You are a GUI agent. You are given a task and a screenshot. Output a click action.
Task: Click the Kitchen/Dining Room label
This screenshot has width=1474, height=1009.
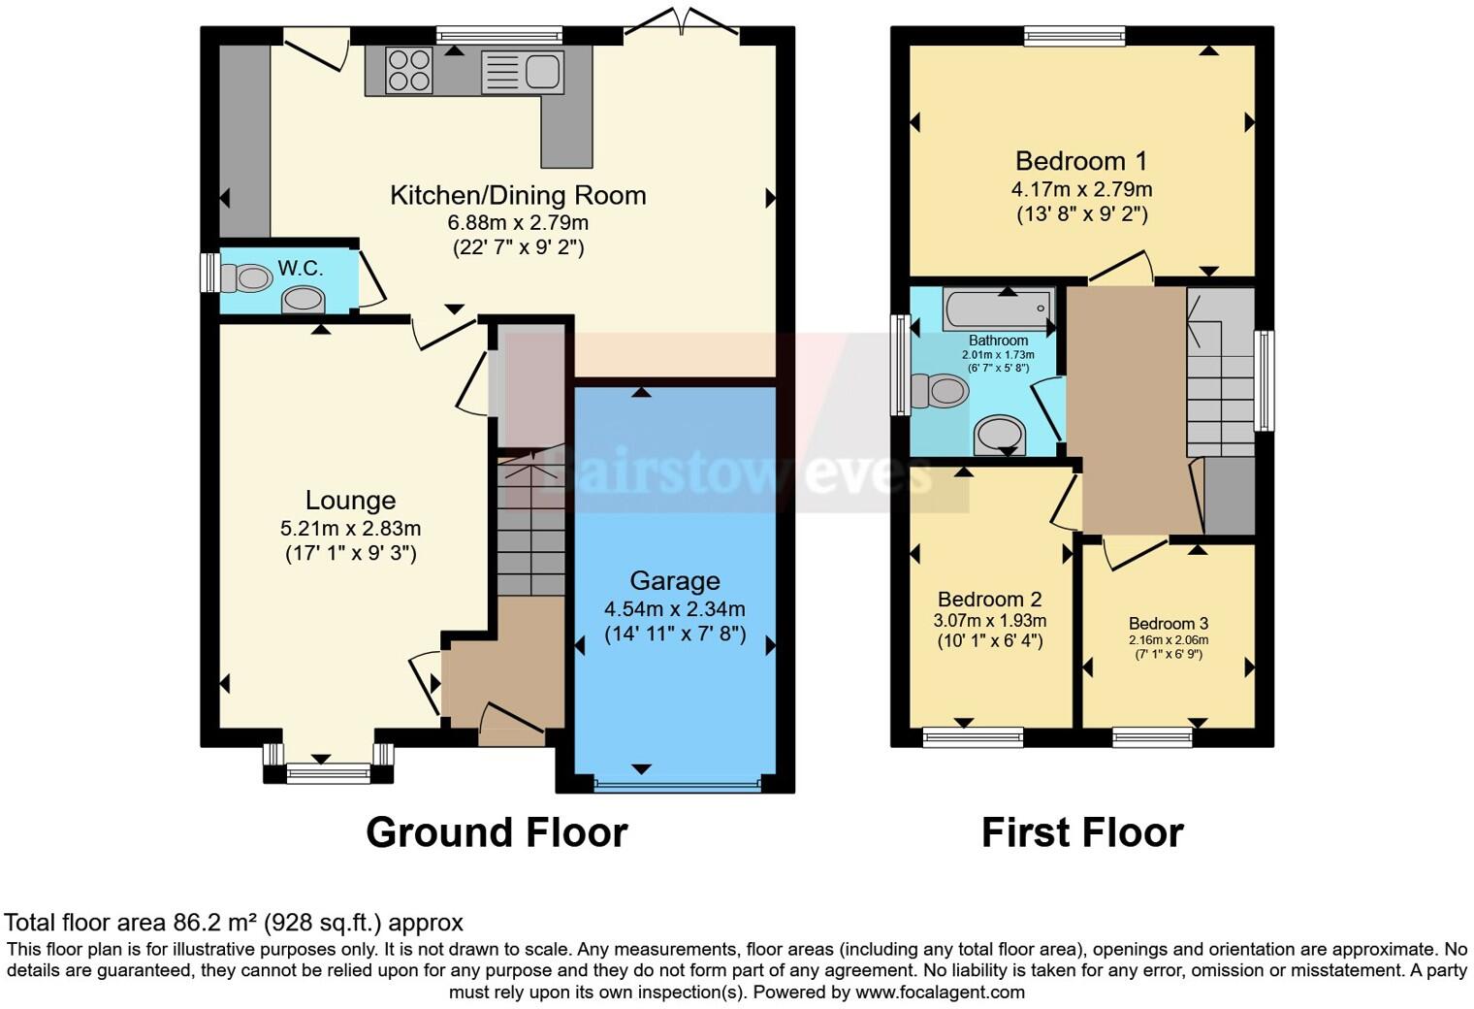(x=518, y=195)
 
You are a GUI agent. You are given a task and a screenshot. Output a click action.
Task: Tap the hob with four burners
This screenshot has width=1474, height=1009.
(x=408, y=70)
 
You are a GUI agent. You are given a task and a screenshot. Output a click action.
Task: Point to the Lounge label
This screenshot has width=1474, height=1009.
(x=350, y=501)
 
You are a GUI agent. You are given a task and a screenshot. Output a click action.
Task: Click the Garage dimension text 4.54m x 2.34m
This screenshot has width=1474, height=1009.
(x=675, y=609)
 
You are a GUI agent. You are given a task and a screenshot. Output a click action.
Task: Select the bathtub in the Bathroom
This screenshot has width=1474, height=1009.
(x=998, y=309)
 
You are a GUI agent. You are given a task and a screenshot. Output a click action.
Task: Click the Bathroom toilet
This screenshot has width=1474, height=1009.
(x=939, y=392)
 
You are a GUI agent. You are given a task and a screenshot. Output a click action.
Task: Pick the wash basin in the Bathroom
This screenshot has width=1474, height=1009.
(x=1000, y=435)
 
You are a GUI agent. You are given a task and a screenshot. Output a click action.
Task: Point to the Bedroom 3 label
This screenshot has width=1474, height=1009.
(x=1169, y=624)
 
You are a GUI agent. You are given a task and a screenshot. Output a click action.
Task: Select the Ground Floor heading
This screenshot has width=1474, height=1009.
(x=497, y=832)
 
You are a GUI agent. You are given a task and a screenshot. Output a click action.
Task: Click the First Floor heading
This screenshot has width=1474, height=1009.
(x=1082, y=832)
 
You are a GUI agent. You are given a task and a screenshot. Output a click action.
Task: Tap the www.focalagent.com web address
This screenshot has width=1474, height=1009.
(x=940, y=993)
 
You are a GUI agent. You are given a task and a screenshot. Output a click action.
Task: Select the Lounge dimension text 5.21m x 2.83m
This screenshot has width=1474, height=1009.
(x=350, y=529)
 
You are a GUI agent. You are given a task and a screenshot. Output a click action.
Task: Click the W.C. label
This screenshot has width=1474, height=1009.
(x=300, y=268)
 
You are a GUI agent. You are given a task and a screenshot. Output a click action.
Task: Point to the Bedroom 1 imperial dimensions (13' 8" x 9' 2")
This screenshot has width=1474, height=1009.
(x=1081, y=214)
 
